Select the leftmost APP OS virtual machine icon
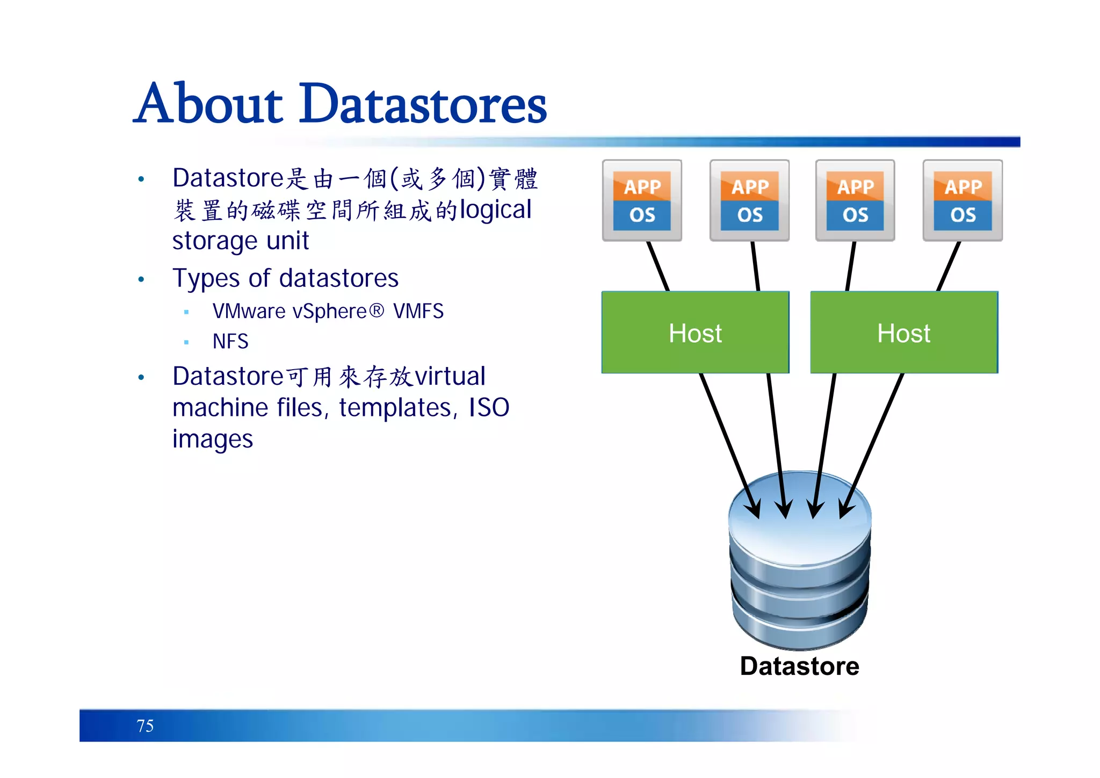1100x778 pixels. [642, 200]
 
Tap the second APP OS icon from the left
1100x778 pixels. [749, 200]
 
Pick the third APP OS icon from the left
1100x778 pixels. [855, 200]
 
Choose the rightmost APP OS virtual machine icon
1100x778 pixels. [962, 200]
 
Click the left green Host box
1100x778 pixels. [695, 333]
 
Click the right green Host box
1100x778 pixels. [904, 333]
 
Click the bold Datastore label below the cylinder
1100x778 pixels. [799, 666]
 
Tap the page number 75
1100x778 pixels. [145, 726]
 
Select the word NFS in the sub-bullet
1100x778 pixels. [230, 342]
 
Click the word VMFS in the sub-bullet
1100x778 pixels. [418, 312]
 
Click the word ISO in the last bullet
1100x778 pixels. [489, 407]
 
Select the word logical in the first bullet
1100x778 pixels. [495, 210]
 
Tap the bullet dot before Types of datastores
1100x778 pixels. [141, 279]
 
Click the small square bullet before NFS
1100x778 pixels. [186, 342]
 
